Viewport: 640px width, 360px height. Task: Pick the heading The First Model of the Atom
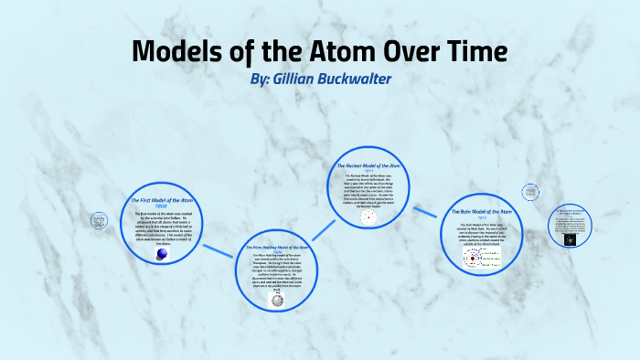(x=162, y=199)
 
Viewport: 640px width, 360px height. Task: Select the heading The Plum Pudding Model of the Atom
(x=279, y=248)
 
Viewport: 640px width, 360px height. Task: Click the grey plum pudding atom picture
(x=276, y=298)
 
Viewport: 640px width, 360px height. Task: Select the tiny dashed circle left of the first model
(x=98, y=220)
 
